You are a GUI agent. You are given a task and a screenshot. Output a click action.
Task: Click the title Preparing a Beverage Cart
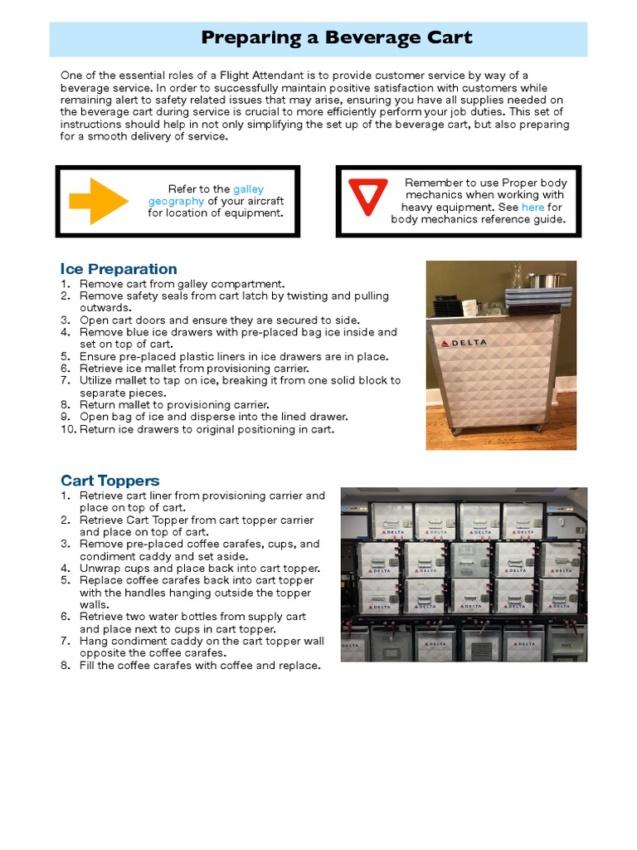coord(337,38)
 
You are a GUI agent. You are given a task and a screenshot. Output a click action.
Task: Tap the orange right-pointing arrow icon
coord(99,201)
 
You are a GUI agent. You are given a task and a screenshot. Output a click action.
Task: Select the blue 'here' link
coord(532,208)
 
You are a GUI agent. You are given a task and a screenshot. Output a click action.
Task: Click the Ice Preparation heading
coord(119,269)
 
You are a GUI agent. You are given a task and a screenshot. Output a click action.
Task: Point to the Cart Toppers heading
coord(109,481)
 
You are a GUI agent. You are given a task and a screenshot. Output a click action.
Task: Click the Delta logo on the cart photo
coord(464,343)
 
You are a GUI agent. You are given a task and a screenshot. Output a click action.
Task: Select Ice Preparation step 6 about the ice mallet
coord(194,369)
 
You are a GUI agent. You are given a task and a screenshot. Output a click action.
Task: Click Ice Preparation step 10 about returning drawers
coord(207,429)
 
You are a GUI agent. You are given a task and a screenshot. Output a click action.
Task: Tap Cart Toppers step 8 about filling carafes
coord(200,666)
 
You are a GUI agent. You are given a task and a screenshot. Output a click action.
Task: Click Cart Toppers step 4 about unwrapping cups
coord(200,569)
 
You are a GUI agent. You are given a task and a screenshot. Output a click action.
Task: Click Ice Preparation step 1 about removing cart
coord(182,284)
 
